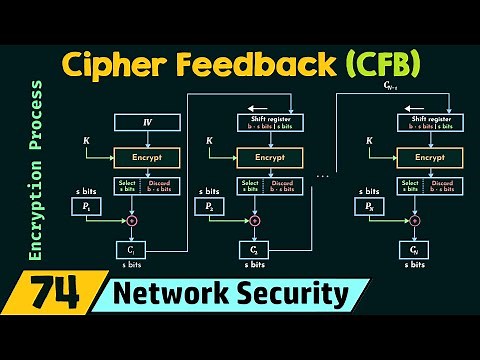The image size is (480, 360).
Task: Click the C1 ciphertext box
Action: (132, 249)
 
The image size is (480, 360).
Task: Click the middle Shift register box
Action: (270, 122)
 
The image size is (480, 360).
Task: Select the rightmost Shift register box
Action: (429, 122)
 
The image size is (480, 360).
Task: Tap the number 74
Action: (56, 296)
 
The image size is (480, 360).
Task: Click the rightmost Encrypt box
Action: (429, 158)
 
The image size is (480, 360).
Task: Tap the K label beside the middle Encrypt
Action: (209, 141)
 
